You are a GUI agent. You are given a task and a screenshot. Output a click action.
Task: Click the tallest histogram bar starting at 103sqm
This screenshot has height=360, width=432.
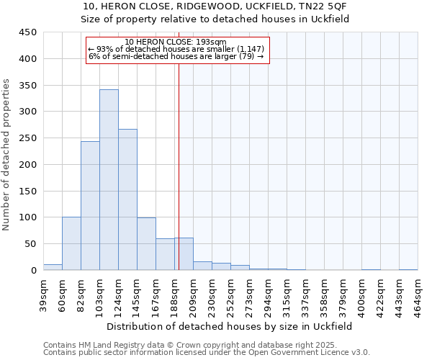(x=109, y=180)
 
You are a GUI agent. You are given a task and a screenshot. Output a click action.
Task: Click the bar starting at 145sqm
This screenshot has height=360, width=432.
(x=146, y=244)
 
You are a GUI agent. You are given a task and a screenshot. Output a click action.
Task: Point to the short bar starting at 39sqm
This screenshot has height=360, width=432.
(x=53, y=267)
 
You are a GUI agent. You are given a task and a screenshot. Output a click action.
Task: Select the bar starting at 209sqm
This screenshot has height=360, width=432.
(x=202, y=266)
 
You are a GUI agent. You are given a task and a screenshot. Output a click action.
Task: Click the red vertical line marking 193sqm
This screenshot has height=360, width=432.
(x=178, y=144)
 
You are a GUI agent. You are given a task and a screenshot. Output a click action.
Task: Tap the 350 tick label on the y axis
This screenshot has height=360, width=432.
(x=28, y=85)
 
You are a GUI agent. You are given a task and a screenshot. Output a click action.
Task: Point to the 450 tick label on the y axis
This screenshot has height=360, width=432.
(x=28, y=32)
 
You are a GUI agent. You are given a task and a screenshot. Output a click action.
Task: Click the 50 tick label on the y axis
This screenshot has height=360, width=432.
(x=31, y=244)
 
